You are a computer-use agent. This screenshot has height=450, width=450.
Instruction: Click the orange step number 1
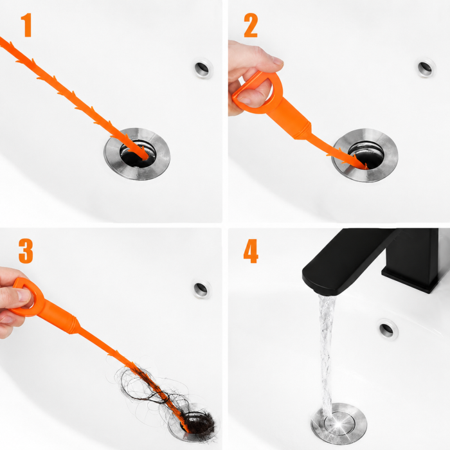(x=27, y=25)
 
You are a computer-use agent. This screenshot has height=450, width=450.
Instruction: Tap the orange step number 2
(x=251, y=25)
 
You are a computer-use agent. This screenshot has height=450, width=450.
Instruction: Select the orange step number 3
(x=26, y=251)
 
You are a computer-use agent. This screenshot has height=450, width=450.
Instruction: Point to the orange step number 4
(x=251, y=251)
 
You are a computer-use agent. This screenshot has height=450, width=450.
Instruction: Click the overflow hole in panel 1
(x=203, y=68)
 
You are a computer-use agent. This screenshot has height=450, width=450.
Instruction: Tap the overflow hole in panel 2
(x=426, y=67)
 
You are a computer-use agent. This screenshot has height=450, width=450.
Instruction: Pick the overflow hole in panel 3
(x=201, y=289)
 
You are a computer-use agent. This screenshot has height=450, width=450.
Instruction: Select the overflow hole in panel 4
(x=388, y=329)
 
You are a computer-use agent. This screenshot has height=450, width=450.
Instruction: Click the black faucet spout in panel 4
(x=345, y=262)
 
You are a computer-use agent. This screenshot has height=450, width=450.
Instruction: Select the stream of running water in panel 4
(x=327, y=356)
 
